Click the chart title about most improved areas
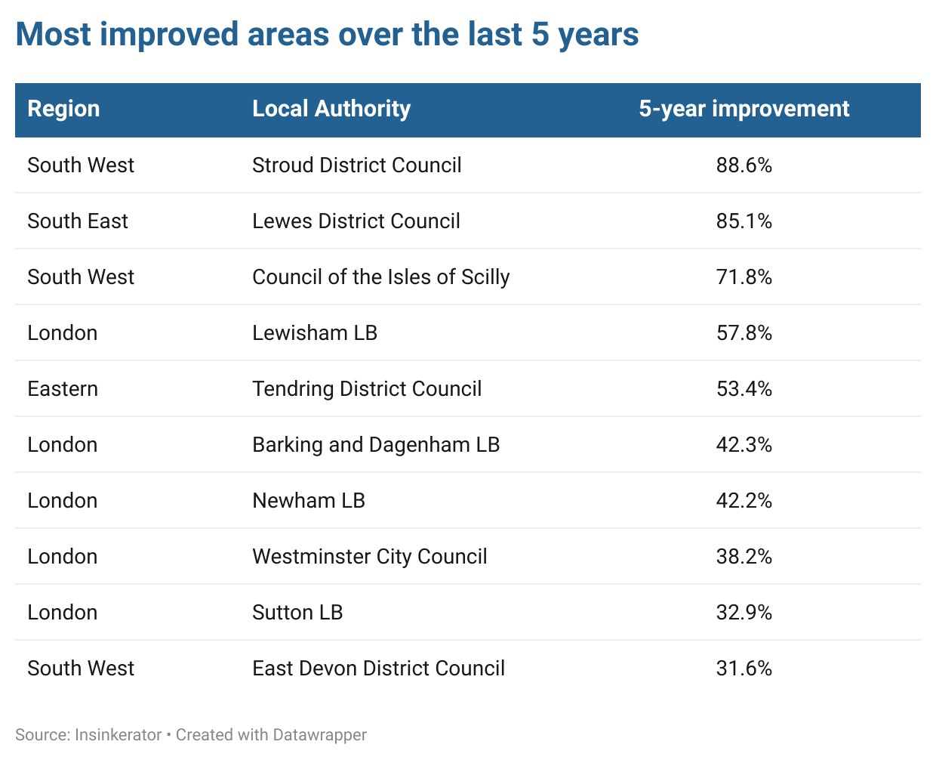click(327, 35)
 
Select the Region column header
click(63, 109)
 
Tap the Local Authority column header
click(331, 109)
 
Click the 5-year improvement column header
click(744, 109)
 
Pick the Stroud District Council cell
click(356, 165)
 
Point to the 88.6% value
click(744, 165)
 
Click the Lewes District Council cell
click(356, 221)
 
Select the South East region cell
click(78, 221)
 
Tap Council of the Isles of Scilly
click(380, 277)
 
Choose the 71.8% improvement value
click(744, 277)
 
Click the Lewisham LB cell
click(314, 333)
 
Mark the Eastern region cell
click(63, 389)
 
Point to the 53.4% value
click(744, 389)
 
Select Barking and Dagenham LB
click(375, 445)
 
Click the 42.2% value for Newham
click(744, 501)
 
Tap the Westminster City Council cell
click(369, 557)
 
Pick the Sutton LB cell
click(297, 613)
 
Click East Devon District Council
click(378, 669)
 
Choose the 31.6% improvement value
click(744, 669)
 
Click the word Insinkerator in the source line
click(119, 735)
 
